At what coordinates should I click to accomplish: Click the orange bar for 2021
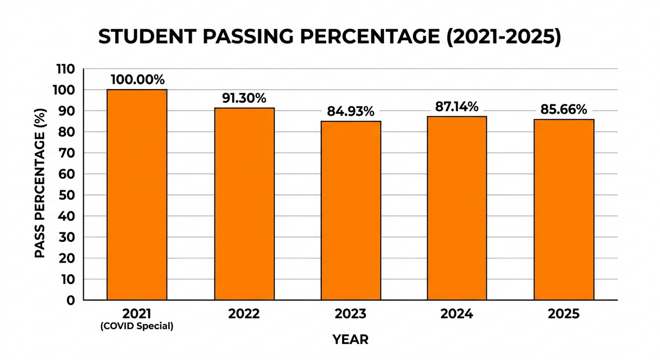[137, 195]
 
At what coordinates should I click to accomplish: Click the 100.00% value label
[137, 80]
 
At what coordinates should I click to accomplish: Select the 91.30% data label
[244, 98]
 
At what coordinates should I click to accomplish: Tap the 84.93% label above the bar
[350, 112]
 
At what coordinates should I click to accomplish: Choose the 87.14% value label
[457, 107]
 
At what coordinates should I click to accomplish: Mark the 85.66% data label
[563, 110]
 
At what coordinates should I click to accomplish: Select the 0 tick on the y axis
[70, 301]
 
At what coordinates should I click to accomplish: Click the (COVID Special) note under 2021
[137, 326]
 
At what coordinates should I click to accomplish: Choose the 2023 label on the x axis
[350, 314]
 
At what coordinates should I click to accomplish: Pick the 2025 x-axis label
[563, 314]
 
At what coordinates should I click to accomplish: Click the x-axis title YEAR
[350, 340]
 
